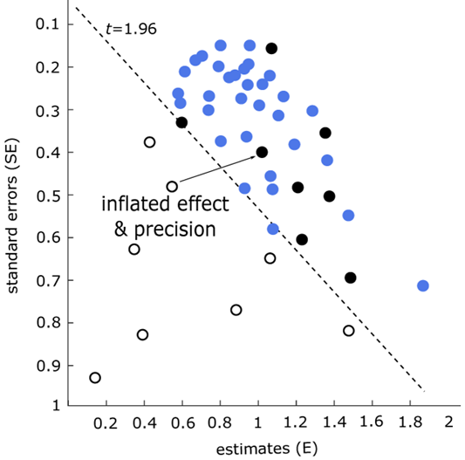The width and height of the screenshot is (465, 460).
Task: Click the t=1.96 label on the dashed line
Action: [130, 29]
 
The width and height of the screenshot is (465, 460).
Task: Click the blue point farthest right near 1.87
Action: [423, 285]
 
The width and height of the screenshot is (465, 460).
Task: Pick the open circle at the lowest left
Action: [95, 377]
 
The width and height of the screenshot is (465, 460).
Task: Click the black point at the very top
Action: [271, 48]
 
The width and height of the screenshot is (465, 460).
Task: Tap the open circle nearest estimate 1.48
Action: [349, 330]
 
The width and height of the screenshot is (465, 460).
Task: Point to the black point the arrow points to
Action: [262, 152]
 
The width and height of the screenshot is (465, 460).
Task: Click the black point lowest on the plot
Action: [351, 278]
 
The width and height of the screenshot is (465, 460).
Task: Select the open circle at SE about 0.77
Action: [236, 310]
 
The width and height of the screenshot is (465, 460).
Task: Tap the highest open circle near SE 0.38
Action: [149, 141]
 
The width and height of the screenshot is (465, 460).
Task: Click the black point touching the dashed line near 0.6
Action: [181, 122]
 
